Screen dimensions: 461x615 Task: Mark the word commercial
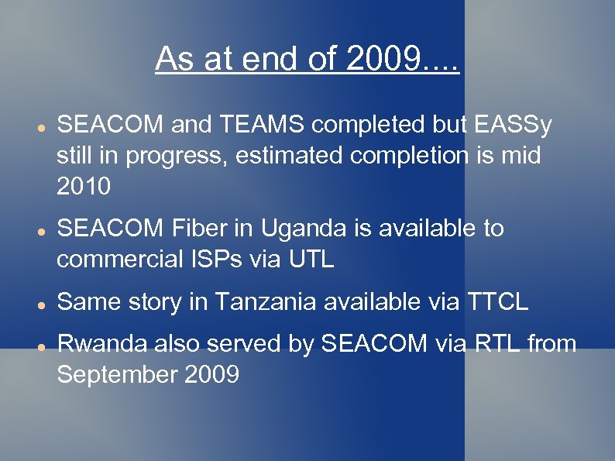(x=115, y=260)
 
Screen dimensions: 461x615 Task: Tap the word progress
(x=163, y=156)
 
